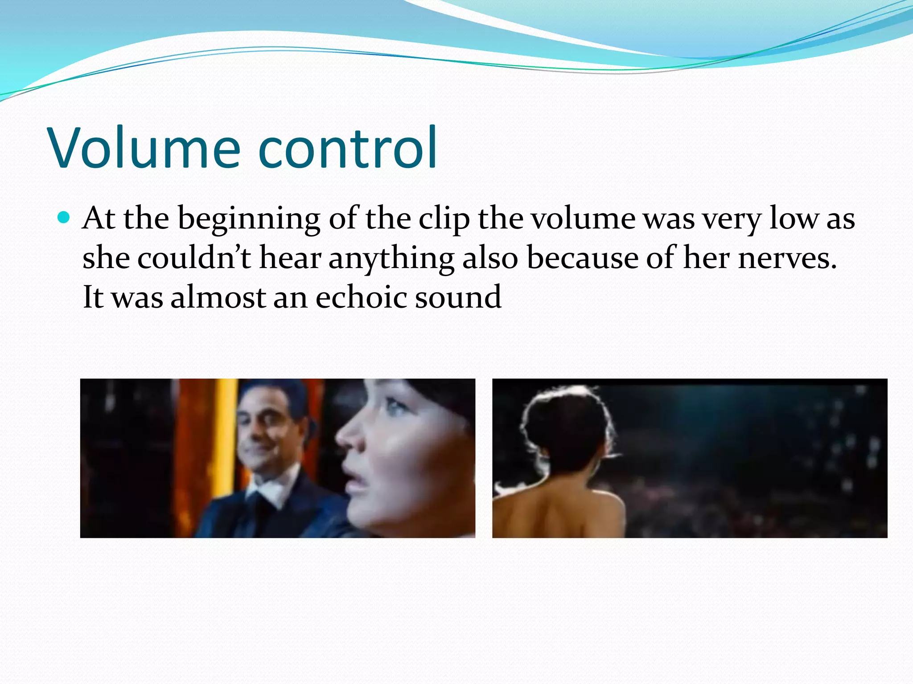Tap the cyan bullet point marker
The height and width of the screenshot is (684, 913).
[64, 218]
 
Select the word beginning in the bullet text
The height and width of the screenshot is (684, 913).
[249, 219]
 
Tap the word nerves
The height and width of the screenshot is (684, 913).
[787, 258]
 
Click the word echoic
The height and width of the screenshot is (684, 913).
[361, 297]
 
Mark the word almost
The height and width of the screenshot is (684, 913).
[218, 297]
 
